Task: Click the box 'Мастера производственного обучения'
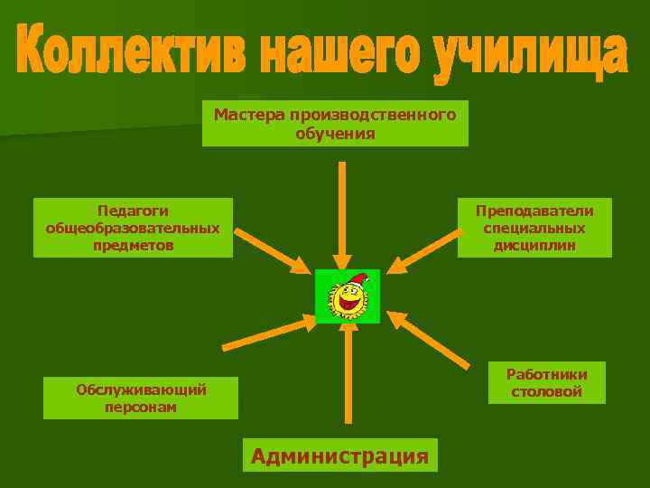tap(335, 124)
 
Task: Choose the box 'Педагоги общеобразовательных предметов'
tap(133, 228)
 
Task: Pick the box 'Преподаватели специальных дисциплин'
tap(534, 228)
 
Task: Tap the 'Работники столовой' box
tap(546, 383)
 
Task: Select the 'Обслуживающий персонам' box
tap(141, 399)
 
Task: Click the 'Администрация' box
tap(339, 455)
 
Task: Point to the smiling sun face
tap(347, 299)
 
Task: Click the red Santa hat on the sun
tap(358, 278)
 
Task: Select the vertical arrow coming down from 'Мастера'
tap(341, 212)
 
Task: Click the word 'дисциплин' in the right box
tap(534, 245)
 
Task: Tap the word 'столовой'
tap(546, 391)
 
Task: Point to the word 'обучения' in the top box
tap(335, 133)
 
